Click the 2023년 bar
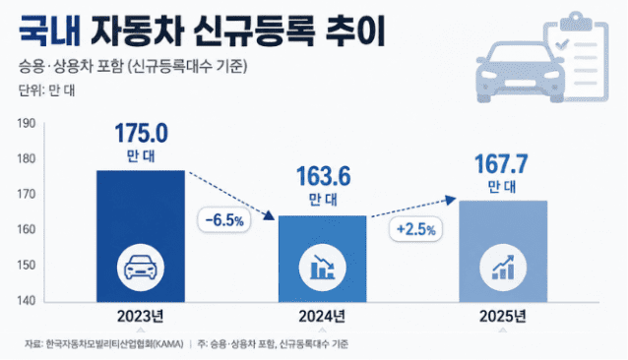coord(141,236)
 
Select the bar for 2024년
coord(323,259)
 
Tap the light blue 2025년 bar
coord(503,251)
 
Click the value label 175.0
coord(142,133)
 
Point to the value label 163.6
coord(324,176)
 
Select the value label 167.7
coord(501,164)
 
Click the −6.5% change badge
coord(224,220)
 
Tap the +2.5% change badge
coord(415,229)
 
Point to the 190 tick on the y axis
coord(27,123)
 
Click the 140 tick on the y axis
coord(27,300)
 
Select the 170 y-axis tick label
coord(27,194)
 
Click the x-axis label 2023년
coord(141,317)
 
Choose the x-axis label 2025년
coord(503,317)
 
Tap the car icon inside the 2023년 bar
coord(141,268)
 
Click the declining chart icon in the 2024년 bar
coord(323,268)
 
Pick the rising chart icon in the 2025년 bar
coord(503,268)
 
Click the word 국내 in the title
coord(49,30)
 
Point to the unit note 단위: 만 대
coord(46,90)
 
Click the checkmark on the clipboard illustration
coord(562,43)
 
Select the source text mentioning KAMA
coord(104,343)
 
